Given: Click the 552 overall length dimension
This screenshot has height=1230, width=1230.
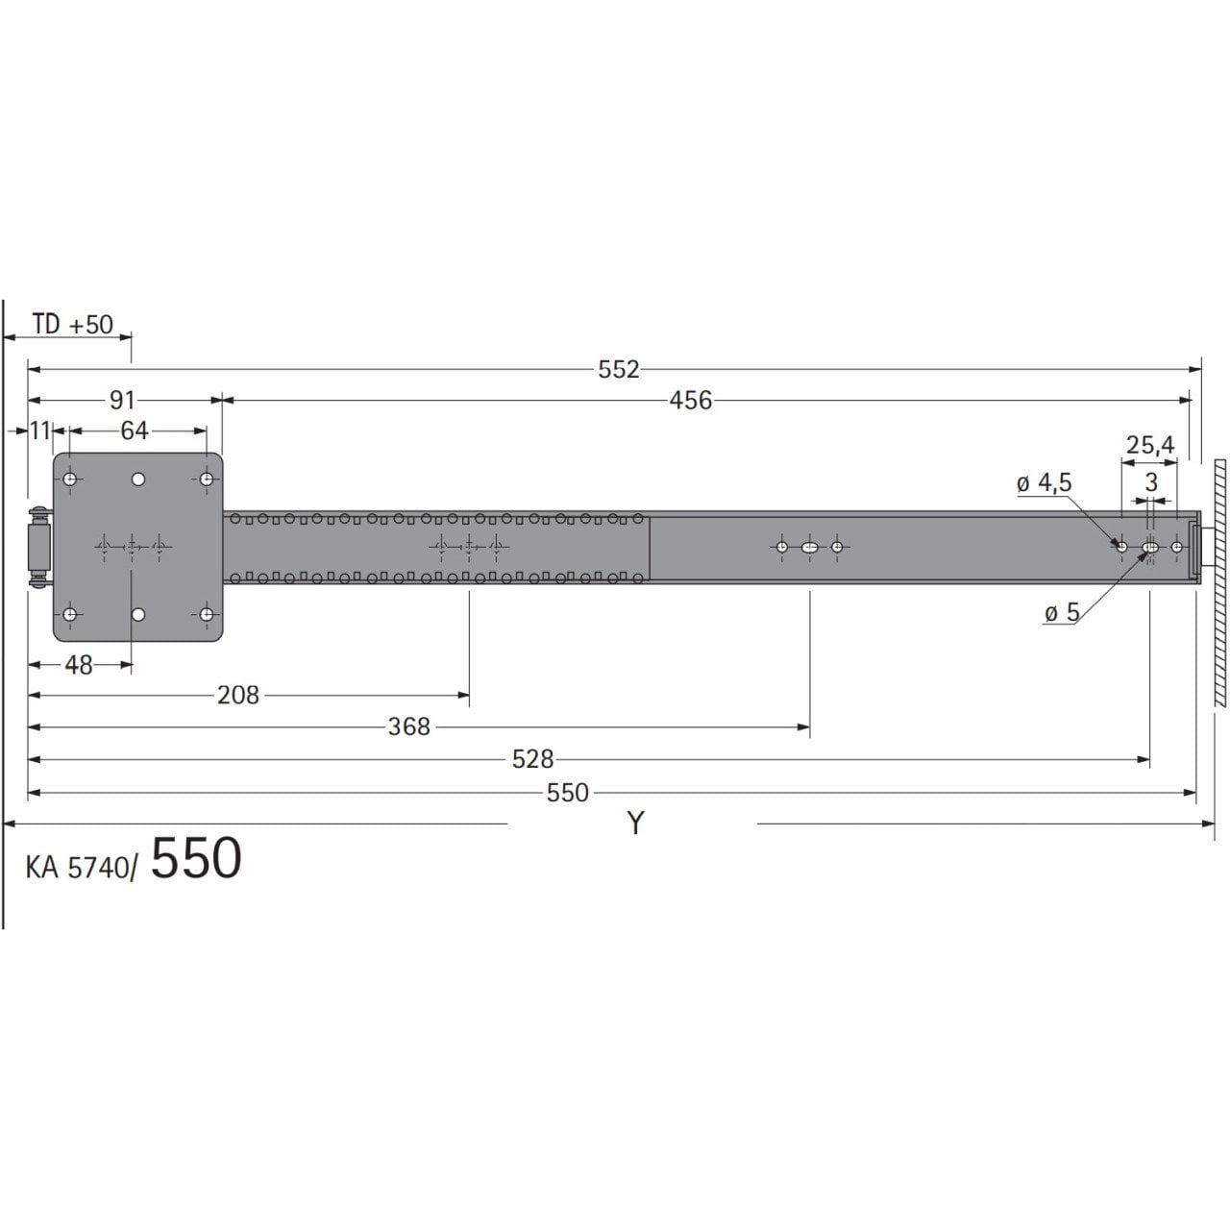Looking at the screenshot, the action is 618,370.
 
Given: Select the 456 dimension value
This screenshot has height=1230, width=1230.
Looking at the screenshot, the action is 690,401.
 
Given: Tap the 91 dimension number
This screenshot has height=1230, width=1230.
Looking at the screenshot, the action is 122,400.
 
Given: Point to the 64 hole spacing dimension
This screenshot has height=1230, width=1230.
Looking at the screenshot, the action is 134,430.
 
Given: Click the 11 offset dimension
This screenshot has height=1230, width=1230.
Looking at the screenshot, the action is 39,430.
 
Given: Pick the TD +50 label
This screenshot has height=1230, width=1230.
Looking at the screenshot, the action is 72,324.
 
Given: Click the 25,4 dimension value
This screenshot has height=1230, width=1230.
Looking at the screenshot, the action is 1149,445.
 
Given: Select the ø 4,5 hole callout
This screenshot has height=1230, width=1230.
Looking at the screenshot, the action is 1045,482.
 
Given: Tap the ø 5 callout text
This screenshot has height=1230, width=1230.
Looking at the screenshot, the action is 1062,613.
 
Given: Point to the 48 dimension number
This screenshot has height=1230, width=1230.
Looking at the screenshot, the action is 79,665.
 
